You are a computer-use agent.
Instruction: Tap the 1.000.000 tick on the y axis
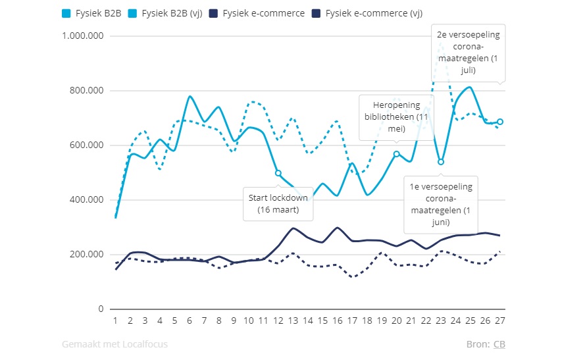[83, 36]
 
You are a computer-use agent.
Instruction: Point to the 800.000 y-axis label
[88, 91]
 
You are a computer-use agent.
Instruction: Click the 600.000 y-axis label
[88, 145]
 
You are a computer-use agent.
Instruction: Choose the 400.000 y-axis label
[88, 200]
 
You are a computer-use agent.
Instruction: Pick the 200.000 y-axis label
[88, 255]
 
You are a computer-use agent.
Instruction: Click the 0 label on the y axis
[101, 309]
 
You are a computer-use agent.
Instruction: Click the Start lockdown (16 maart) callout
[278, 203]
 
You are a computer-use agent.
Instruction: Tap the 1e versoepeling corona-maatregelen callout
[440, 204]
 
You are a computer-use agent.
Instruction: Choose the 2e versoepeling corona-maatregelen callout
[469, 52]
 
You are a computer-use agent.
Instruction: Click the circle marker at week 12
[278, 173]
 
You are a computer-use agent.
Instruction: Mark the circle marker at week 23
[441, 162]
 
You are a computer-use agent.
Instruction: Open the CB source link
[499, 344]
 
